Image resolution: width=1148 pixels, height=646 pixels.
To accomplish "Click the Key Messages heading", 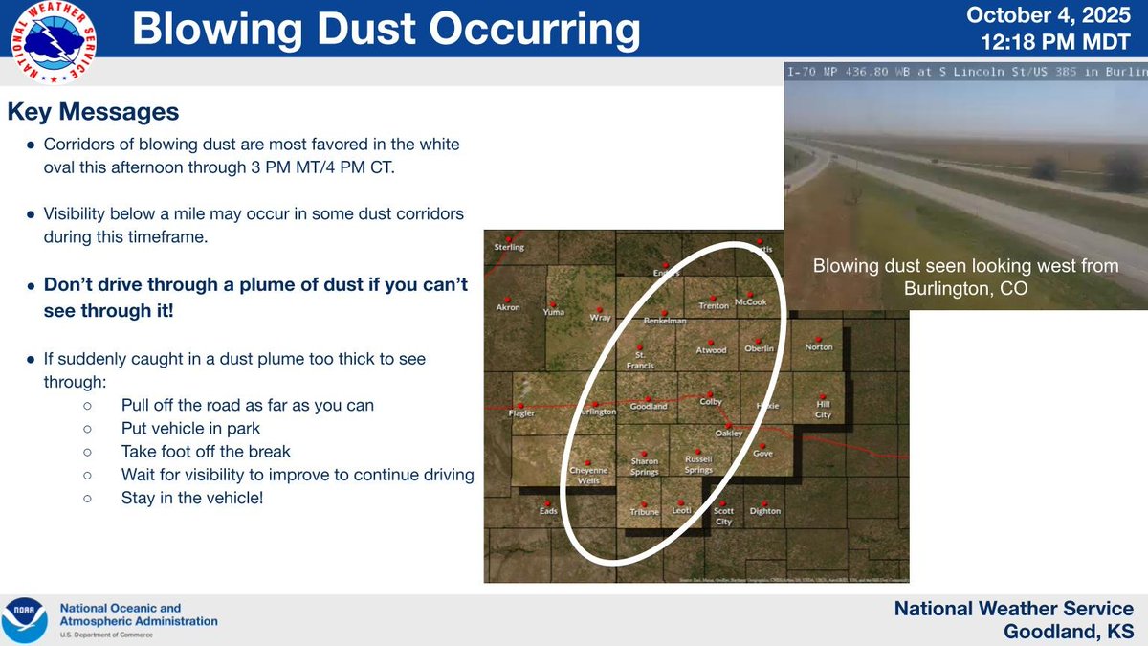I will pos(93,111).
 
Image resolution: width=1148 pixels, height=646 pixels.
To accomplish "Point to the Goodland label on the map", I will pos(648,406).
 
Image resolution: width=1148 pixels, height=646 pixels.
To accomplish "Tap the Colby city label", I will pos(711,402).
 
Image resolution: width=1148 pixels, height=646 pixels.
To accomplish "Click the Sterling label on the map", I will pos(509,247).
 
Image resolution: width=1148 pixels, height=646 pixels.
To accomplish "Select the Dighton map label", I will pos(765,511).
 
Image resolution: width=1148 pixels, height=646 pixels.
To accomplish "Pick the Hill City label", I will pos(823,410).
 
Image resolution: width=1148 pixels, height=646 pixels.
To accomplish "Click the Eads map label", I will pos(548,511).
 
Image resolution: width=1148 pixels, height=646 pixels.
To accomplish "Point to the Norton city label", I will pos(819,347).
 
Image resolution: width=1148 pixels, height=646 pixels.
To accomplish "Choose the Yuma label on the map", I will pos(553,312).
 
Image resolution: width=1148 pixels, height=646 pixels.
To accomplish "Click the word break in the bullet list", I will pos(271,451).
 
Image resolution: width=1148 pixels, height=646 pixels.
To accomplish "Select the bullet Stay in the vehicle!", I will pos(191,498).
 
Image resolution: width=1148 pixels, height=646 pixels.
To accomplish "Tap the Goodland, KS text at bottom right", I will pos(1069,631).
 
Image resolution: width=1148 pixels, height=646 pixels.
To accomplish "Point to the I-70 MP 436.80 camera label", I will pos(861,73).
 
